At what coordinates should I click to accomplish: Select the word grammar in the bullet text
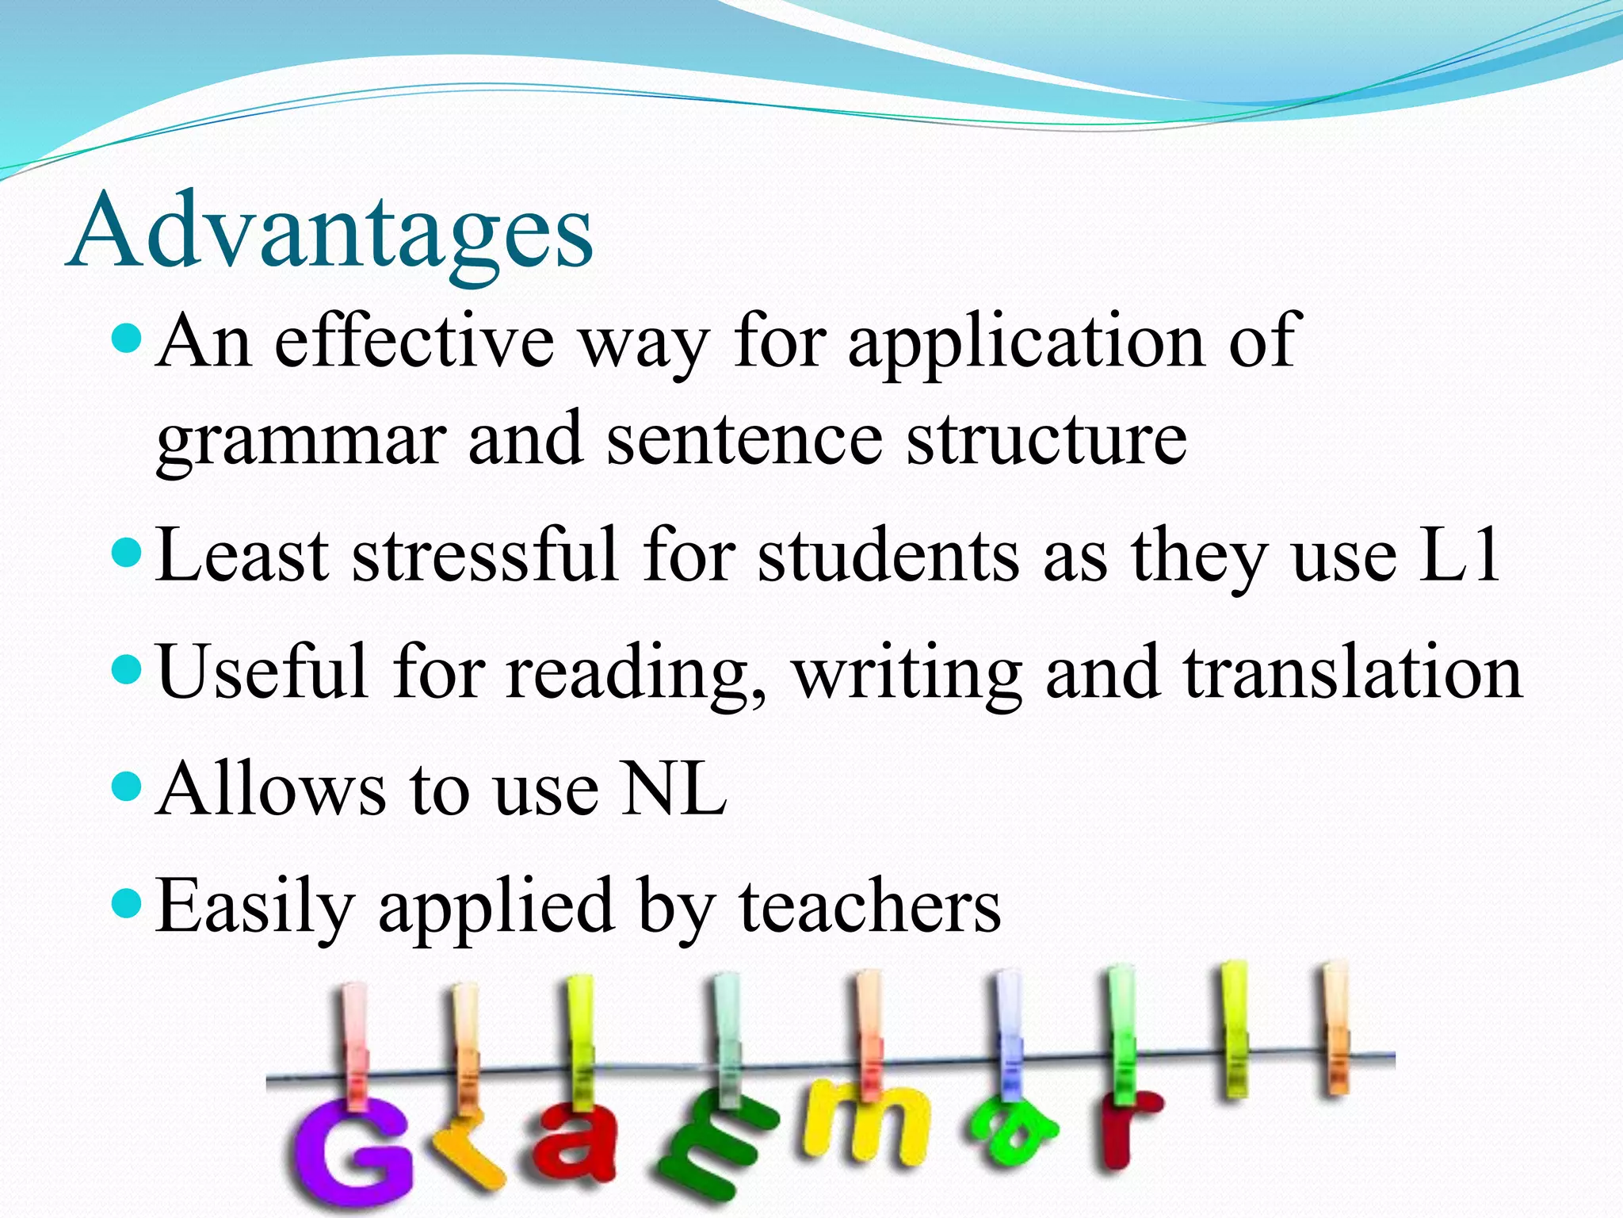coord(301,441)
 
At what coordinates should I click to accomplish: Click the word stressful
coord(484,554)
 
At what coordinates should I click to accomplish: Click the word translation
coord(1352,672)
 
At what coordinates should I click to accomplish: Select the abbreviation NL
coord(674,789)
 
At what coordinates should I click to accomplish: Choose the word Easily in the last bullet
coord(254,908)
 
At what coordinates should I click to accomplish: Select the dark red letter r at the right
coord(1125,1130)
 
